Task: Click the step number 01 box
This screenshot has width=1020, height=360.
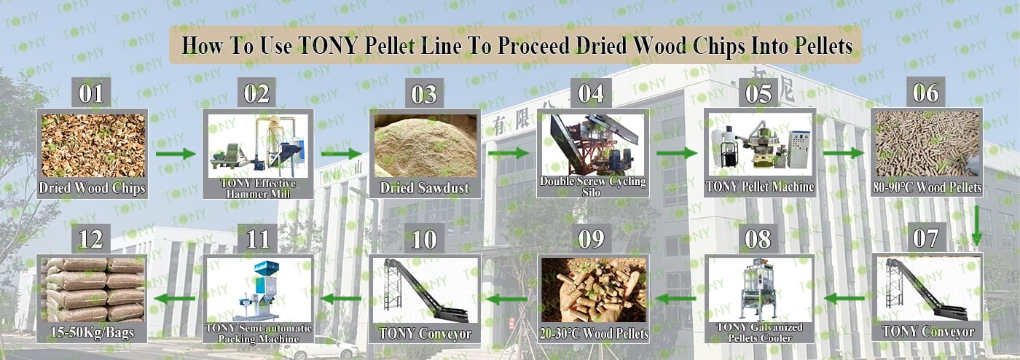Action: tap(91, 93)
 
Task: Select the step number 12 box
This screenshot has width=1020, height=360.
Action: tap(91, 239)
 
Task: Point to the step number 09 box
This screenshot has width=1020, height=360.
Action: tap(592, 238)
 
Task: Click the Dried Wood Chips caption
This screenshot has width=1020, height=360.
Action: tap(92, 188)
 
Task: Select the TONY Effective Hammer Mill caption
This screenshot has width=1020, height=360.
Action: tap(258, 188)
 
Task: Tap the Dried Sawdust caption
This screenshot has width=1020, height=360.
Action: tap(424, 188)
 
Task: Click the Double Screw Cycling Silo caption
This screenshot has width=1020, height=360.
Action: tap(592, 187)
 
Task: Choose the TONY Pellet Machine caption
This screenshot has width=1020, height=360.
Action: tap(759, 187)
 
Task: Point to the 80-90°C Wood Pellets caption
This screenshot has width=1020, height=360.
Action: tap(927, 187)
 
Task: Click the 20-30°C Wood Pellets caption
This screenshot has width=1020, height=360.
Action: tap(594, 334)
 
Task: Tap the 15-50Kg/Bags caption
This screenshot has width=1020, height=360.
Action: tap(92, 332)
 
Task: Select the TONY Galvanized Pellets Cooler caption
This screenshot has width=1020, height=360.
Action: tap(759, 332)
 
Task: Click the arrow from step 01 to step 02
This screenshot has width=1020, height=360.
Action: tap(176, 154)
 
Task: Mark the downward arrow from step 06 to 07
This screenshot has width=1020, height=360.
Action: tap(976, 226)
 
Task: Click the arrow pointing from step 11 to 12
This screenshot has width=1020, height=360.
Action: tap(175, 299)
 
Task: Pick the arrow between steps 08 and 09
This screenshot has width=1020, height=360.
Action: tap(675, 299)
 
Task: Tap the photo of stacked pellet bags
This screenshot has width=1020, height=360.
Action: tap(93, 290)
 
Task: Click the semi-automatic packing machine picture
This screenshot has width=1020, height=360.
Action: tap(258, 290)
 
